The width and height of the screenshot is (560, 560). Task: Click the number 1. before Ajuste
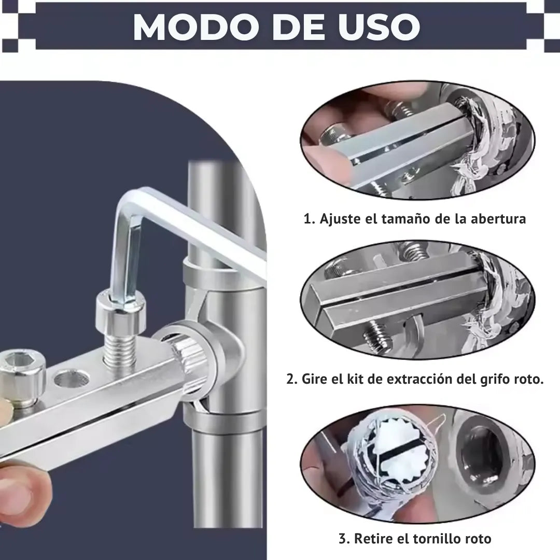[x=309, y=219]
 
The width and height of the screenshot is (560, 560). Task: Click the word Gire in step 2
[x=317, y=379]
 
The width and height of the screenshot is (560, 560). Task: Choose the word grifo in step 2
[x=497, y=379]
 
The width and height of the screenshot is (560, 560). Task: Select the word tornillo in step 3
[x=439, y=539]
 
